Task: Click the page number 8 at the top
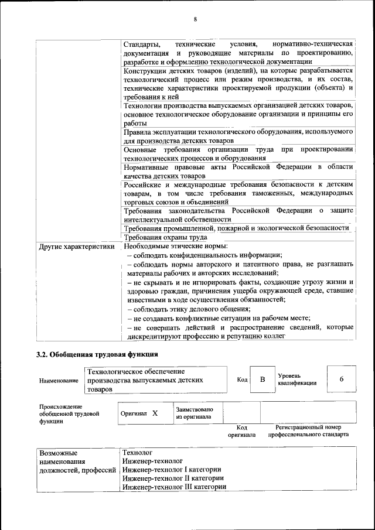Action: (195, 20)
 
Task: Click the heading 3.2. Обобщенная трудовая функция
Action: (97, 354)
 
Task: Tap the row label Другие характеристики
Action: (76, 247)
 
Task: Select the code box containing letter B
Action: (262, 379)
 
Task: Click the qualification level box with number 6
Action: (342, 379)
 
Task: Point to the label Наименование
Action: (59, 381)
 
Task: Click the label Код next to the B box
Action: (242, 379)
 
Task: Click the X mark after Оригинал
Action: (155, 413)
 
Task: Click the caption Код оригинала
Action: (242, 431)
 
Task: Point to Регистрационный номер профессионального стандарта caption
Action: (308, 431)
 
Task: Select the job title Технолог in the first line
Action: (138, 453)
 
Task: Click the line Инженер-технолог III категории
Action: (174, 486)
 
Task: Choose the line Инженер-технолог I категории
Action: (172, 469)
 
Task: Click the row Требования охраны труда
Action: (165, 237)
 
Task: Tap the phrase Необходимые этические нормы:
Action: (176, 247)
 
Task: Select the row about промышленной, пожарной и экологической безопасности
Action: (236, 228)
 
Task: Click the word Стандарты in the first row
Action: (142, 45)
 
